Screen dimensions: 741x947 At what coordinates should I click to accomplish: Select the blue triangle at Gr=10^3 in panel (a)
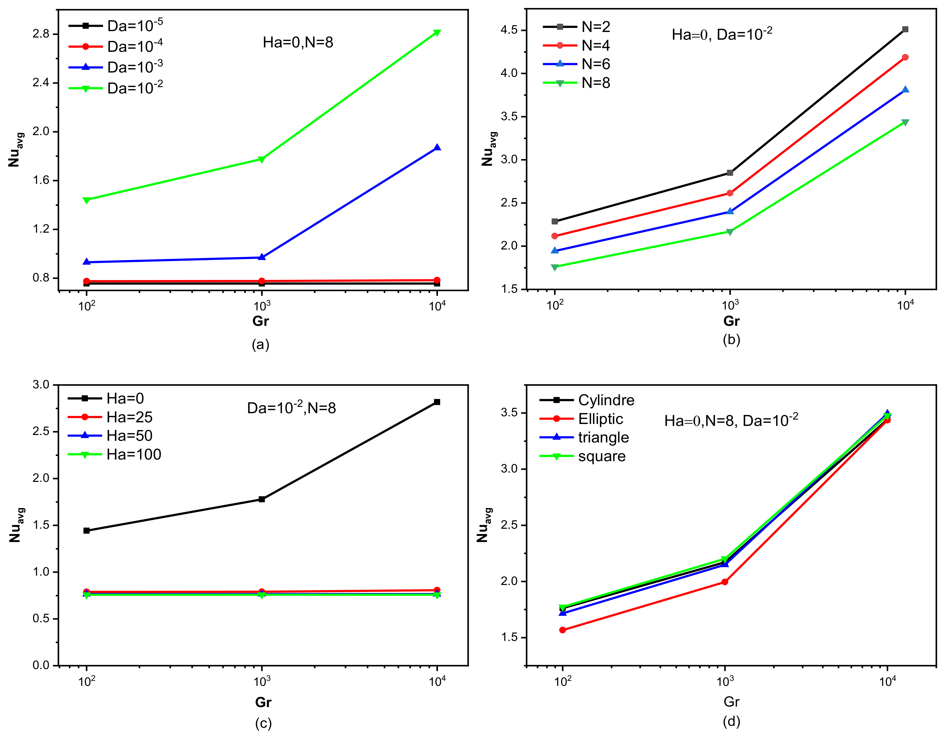[x=262, y=257]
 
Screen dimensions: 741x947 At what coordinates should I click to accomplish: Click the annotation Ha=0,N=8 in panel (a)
[x=298, y=42]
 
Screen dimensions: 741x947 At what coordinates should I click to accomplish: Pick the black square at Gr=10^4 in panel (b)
[x=905, y=29]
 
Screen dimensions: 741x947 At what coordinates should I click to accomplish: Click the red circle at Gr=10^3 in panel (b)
[x=730, y=193]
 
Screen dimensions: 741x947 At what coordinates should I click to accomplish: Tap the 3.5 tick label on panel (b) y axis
[x=509, y=116]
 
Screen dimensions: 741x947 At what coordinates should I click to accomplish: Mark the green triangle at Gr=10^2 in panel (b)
[x=555, y=267]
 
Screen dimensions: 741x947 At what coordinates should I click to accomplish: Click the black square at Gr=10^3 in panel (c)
[x=262, y=499]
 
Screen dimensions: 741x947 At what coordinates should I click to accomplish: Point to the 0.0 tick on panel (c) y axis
[x=41, y=665]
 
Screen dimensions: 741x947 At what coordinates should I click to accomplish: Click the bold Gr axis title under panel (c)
[x=263, y=702]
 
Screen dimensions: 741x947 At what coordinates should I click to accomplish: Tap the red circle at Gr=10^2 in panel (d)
[x=563, y=630]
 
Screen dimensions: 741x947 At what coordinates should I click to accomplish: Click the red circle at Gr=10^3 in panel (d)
[x=725, y=582]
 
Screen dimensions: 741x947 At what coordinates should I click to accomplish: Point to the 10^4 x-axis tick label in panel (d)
[x=887, y=681]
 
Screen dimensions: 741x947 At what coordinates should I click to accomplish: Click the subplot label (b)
[x=731, y=339]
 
